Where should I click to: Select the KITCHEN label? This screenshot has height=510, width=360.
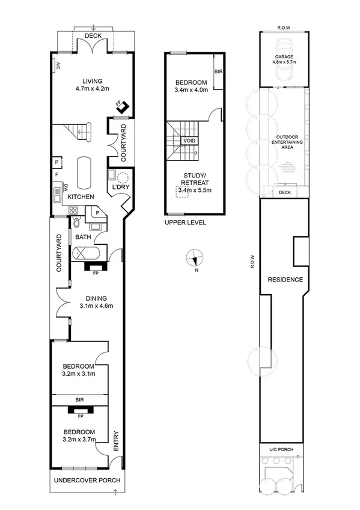pyautogui.click(x=80, y=197)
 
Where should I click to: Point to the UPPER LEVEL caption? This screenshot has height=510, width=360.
pyautogui.click(x=185, y=222)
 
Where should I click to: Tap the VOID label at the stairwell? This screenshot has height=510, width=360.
pyautogui.click(x=189, y=141)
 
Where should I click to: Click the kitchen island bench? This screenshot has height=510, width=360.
pyautogui.click(x=84, y=171)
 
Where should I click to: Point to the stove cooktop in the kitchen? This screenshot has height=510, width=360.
pyautogui.click(x=74, y=210)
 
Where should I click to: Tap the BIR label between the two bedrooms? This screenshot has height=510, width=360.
pyautogui.click(x=80, y=399)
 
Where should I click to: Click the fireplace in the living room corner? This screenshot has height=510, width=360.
pyautogui.click(x=123, y=107)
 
